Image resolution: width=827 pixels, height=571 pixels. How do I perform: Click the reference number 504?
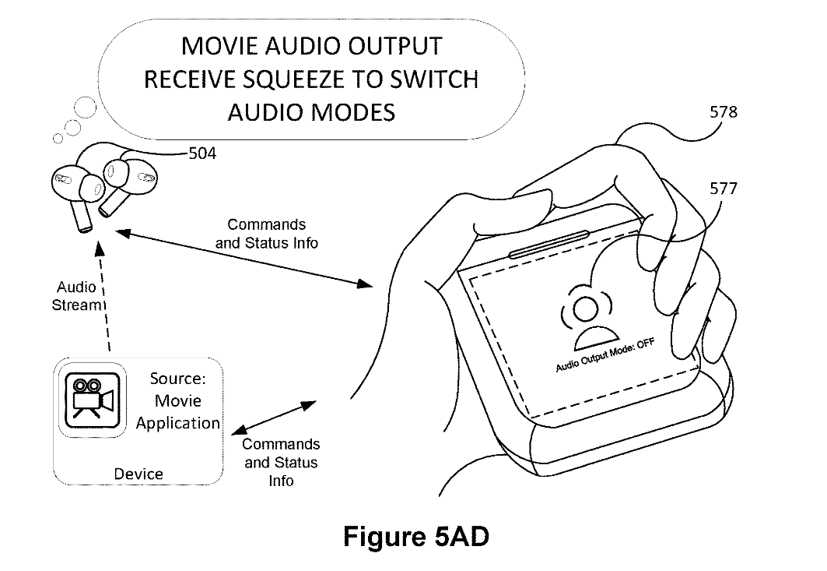click(202, 154)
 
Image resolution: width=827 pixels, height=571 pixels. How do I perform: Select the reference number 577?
click(724, 189)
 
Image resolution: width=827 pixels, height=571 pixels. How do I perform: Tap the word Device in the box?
click(138, 474)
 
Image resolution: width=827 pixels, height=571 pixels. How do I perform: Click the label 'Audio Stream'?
click(76, 297)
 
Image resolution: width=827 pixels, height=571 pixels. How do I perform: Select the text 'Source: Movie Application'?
click(177, 401)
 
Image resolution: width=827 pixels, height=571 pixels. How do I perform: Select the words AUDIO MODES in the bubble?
click(311, 112)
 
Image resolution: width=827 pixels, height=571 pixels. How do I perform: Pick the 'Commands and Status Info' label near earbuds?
click(267, 234)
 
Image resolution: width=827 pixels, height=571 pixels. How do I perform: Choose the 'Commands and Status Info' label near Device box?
click(281, 462)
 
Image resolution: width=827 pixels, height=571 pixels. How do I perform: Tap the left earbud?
click(75, 191)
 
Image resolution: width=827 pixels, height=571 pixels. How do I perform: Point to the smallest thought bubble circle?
click(57, 139)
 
